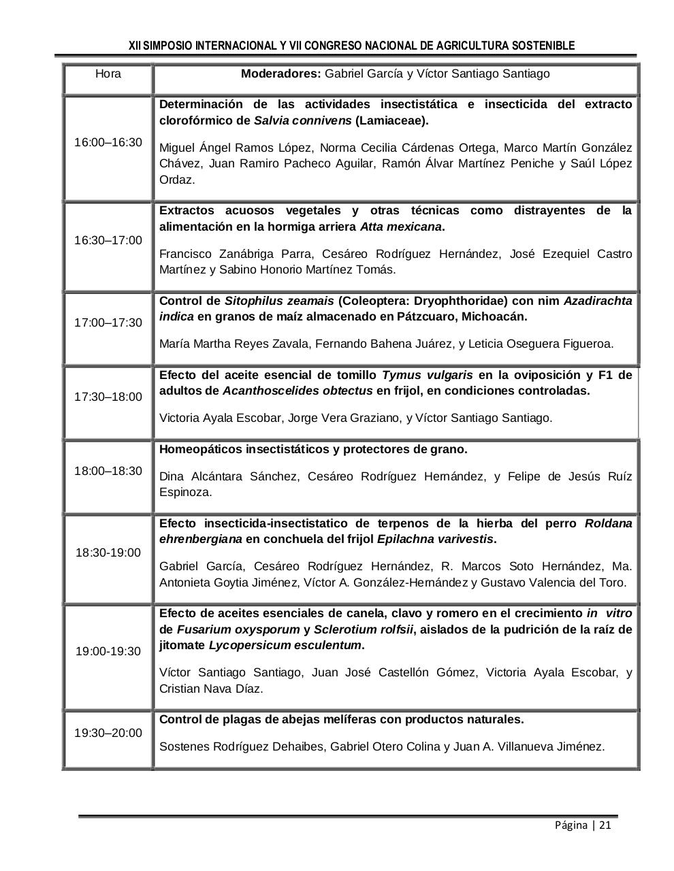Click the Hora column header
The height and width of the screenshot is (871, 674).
coord(108,73)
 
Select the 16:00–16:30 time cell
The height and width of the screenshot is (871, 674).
coord(108,142)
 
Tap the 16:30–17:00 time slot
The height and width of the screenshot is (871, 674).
coord(108,240)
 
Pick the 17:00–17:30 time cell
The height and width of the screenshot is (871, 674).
coord(108,323)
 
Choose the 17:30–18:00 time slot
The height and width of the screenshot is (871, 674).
coord(108,397)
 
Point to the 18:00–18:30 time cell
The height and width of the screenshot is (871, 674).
coord(108,471)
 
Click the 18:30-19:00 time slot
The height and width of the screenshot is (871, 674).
coord(108,553)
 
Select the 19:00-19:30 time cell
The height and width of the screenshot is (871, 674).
coord(108,651)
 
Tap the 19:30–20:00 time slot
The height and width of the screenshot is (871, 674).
coord(108,733)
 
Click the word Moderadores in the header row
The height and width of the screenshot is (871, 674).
coord(280,73)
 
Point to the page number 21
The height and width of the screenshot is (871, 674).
coord(605,825)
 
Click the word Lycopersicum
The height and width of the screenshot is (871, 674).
coord(245,645)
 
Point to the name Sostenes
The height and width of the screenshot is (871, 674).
coord(184,746)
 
